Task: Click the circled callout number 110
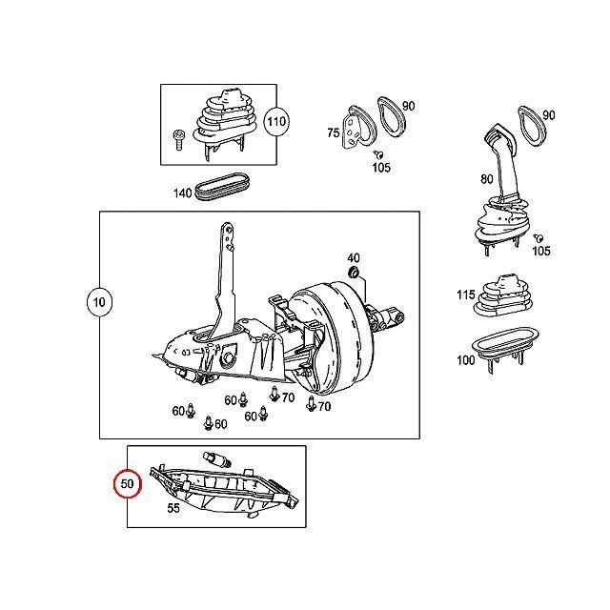(x=276, y=123)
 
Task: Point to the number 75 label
(x=334, y=133)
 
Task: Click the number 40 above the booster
(x=354, y=257)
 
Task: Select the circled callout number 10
(x=98, y=304)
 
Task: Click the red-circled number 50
(x=128, y=484)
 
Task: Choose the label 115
(x=464, y=295)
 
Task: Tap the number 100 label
(x=465, y=360)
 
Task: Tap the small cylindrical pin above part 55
(x=215, y=460)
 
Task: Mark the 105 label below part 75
(x=381, y=168)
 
